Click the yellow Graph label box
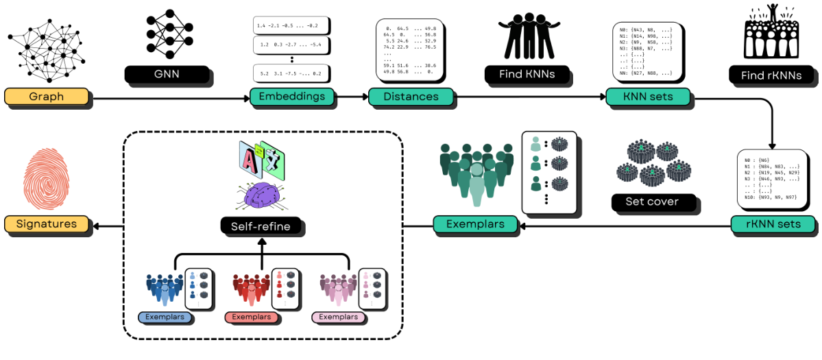click(x=47, y=97)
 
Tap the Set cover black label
click(x=652, y=202)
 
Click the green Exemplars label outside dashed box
click(x=475, y=224)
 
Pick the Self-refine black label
click(x=261, y=226)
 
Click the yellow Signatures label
click(x=47, y=224)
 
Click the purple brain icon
click(x=261, y=196)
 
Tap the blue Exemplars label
click(x=165, y=317)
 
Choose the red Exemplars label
click(x=252, y=317)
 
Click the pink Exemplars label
click(x=339, y=317)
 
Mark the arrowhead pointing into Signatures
click(x=96, y=224)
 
